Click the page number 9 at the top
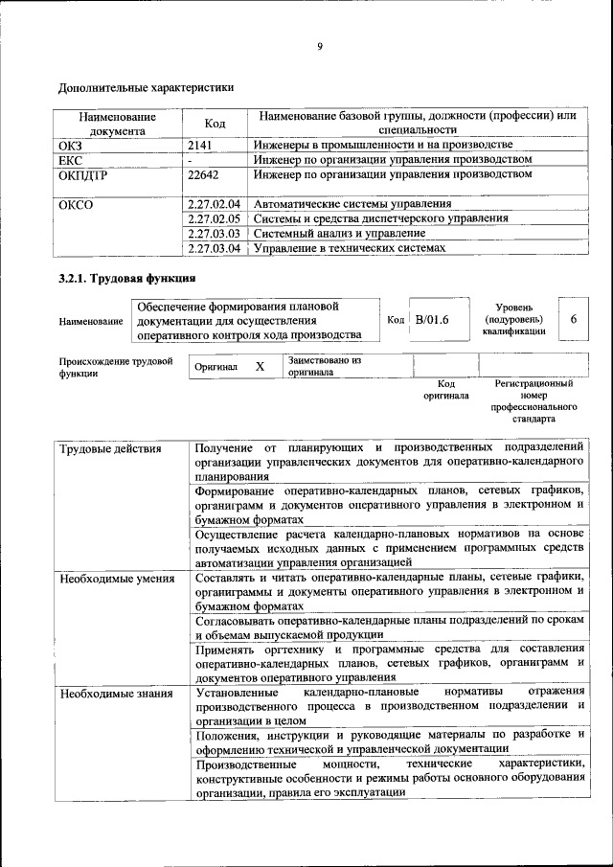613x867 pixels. coord(319,46)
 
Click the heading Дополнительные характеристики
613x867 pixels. coord(146,87)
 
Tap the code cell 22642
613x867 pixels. coord(204,175)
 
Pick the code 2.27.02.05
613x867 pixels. coord(214,219)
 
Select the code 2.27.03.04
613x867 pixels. coord(214,248)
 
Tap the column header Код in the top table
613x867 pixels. coord(216,124)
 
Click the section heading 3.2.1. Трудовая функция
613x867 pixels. coord(126,279)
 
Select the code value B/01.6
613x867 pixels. coord(432,319)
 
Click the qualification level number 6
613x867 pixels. coord(573,319)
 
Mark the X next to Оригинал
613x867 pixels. coord(259,367)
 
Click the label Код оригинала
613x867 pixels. coord(446,389)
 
